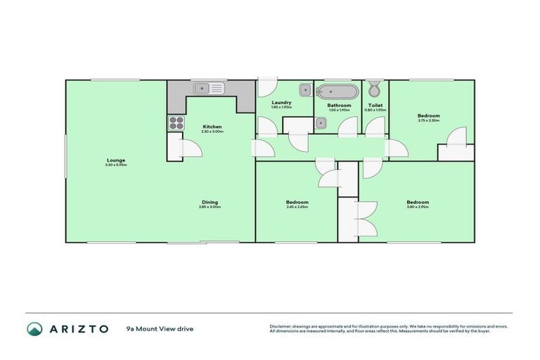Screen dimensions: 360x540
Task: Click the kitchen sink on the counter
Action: point(209,89)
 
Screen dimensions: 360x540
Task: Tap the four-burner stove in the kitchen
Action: point(175,122)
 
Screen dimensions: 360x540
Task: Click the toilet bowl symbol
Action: point(375,89)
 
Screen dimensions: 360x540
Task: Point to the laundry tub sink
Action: point(305,89)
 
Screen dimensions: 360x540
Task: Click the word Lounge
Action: point(116,159)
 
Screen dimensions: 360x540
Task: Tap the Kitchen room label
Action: point(212,127)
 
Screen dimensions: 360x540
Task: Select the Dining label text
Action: point(210,202)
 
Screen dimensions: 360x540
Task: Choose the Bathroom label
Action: point(338,105)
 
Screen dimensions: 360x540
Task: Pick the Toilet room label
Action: point(375,105)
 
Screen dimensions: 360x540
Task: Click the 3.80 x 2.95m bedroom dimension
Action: point(418,207)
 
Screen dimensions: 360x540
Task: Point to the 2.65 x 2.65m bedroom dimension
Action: point(297,207)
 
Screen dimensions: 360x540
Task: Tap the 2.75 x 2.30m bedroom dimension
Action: point(428,120)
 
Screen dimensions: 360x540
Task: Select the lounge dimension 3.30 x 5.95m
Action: point(116,164)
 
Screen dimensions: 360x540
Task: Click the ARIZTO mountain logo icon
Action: point(34,328)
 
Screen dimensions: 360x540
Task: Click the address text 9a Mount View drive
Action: point(160,328)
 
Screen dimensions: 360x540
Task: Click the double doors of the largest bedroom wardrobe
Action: point(366,219)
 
